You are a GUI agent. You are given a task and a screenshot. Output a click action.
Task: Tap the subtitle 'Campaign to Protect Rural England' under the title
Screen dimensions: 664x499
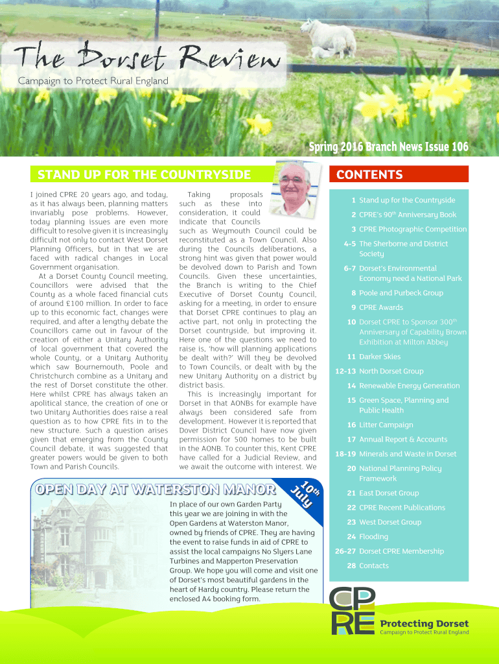click(x=93, y=81)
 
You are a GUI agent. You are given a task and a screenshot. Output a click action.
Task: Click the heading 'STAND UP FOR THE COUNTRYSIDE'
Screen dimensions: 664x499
click(x=144, y=174)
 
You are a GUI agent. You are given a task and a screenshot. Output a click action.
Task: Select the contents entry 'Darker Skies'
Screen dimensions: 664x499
click(x=380, y=357)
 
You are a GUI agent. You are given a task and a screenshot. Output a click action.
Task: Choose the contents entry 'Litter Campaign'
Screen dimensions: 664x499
click(x=386, y=425)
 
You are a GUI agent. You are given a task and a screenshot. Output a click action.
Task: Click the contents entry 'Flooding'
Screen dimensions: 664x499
click(x=373, y=536)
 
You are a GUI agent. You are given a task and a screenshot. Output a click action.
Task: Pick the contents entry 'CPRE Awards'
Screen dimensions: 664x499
click(x=381, y=307)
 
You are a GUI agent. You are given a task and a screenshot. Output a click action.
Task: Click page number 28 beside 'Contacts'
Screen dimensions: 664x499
click(x=351, y=565)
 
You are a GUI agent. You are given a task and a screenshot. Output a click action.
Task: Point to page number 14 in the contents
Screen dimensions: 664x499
click(x=351, y=386)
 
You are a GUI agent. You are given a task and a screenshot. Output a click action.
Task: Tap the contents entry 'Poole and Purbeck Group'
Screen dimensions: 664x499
click(x=401, y=293)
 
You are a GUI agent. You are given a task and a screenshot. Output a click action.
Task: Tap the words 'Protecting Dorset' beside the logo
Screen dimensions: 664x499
click(x=424, y=624)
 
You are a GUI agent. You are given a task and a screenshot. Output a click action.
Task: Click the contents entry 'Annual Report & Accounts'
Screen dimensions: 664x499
click(x=403, y=439)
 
